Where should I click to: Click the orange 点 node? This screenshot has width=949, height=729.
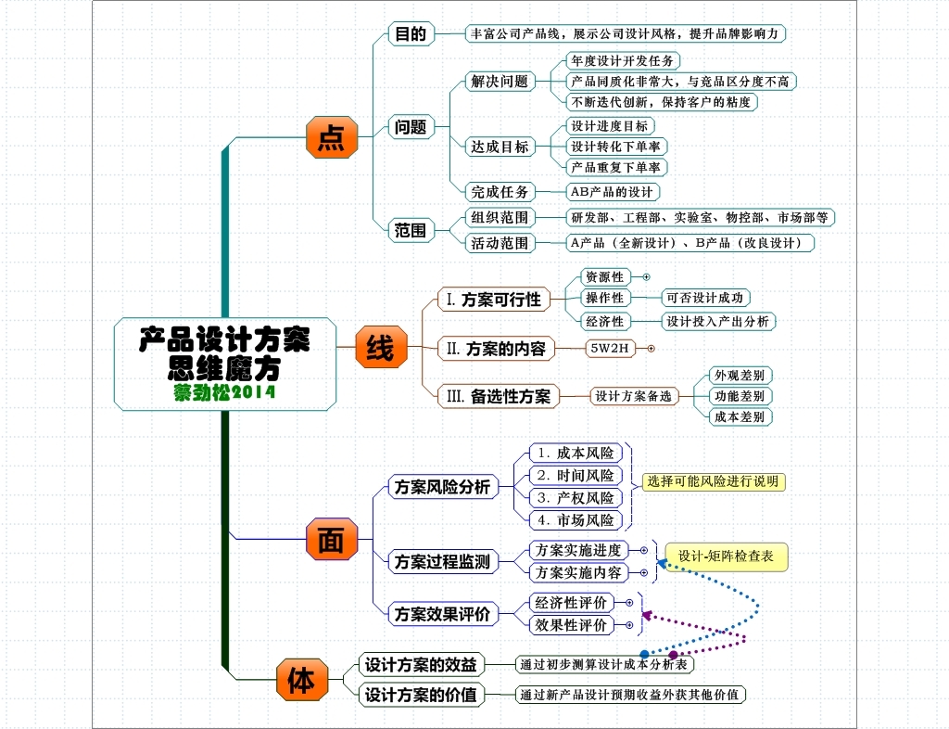[331, 137]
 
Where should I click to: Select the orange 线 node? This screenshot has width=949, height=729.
[380, 348]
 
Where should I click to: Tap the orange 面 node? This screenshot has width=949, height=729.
[331, 539]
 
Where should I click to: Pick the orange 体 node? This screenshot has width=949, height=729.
[301, 680]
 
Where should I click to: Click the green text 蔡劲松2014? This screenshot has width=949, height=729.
[224, 392]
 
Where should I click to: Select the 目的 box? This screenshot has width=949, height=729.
[410, 34]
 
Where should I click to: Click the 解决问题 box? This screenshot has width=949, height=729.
[500, 82]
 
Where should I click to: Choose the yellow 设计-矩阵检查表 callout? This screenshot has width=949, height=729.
[726, 556]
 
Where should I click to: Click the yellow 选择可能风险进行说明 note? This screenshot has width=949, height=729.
[713, 481]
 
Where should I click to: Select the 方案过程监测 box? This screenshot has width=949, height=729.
[441, 561]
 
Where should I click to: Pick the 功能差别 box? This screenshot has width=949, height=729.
[739, 396]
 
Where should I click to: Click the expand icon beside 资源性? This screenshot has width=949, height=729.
[646, 276]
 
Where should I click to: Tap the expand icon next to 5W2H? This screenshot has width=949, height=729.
[651, 349]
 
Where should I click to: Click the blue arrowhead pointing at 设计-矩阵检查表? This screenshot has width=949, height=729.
[661, 562]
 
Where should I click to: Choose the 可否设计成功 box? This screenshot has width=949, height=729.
[705, 298]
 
